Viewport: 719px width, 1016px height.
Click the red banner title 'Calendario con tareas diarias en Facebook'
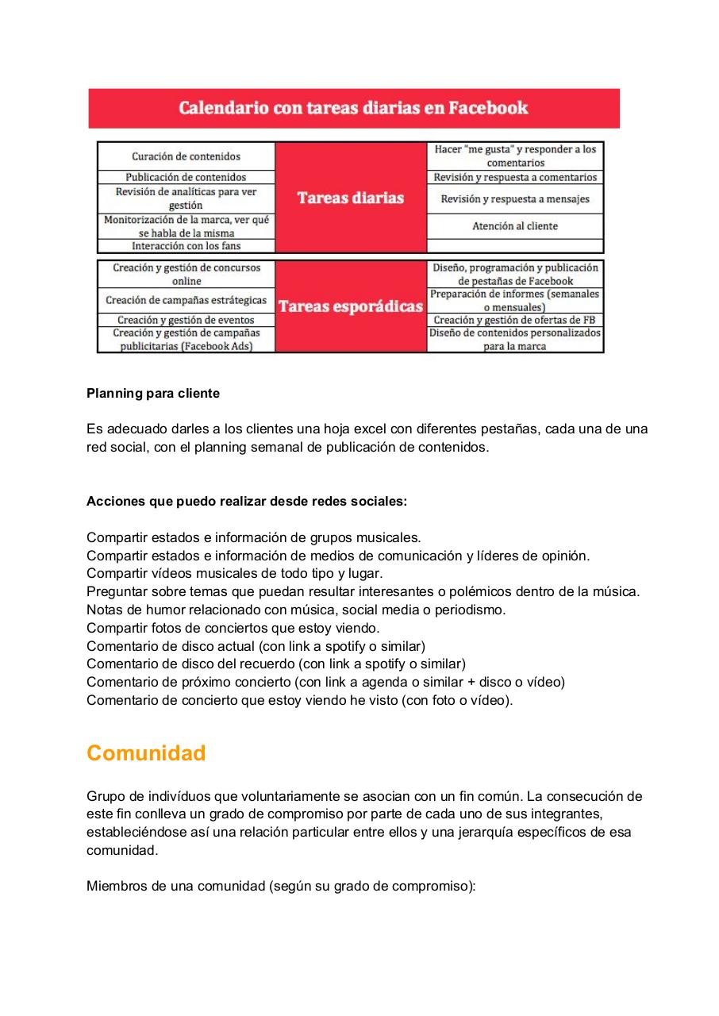tap(353, 108)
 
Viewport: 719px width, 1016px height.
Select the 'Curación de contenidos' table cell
tap(186, 156)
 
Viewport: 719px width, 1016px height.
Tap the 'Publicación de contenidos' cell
tap(186, 177)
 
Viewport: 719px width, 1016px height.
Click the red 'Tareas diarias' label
tap(351, 198)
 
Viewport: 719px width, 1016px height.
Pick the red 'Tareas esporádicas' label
tap(351, 306)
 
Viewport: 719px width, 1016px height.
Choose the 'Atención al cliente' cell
tap(515, 226)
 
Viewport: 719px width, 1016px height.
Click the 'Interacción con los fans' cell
tap(186, 246)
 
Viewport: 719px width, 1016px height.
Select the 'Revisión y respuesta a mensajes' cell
tap(515, 199)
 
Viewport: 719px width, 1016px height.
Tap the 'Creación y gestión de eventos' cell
tap(186, 320)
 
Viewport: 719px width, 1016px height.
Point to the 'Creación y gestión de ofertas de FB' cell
tap(515, 320)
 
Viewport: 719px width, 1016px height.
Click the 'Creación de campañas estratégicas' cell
tap(186, 300)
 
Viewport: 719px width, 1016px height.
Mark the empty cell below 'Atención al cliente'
tap(515, 246)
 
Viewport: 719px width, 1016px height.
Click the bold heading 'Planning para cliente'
tap(153, 393)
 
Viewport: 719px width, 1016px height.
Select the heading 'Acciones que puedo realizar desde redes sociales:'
tap(247, 501)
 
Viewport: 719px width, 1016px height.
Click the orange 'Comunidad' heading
tap(146, 753)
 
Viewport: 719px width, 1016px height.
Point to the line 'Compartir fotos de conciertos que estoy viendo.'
tap(233, 628)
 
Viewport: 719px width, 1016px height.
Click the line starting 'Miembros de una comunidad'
tap(280, 886)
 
